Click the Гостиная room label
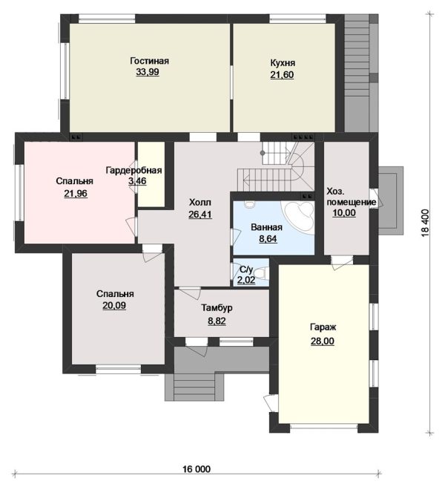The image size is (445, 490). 149,61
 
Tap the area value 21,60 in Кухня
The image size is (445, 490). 282,75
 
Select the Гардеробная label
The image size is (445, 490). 133,170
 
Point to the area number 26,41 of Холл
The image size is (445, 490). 200,215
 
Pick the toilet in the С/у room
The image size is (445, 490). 264,272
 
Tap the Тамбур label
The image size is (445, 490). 217,308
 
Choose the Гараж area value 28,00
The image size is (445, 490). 323,341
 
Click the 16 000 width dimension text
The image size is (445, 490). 197,468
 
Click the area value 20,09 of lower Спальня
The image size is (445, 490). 114,305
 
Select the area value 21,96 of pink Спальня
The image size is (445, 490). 76,194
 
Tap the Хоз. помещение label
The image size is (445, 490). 351,197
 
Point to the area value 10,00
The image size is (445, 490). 344,213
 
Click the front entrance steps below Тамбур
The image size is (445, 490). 194,387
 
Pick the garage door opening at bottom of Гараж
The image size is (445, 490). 324,426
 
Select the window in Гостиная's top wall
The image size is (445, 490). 107,19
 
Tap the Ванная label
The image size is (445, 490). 267,227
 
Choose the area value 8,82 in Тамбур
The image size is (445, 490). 217,321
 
